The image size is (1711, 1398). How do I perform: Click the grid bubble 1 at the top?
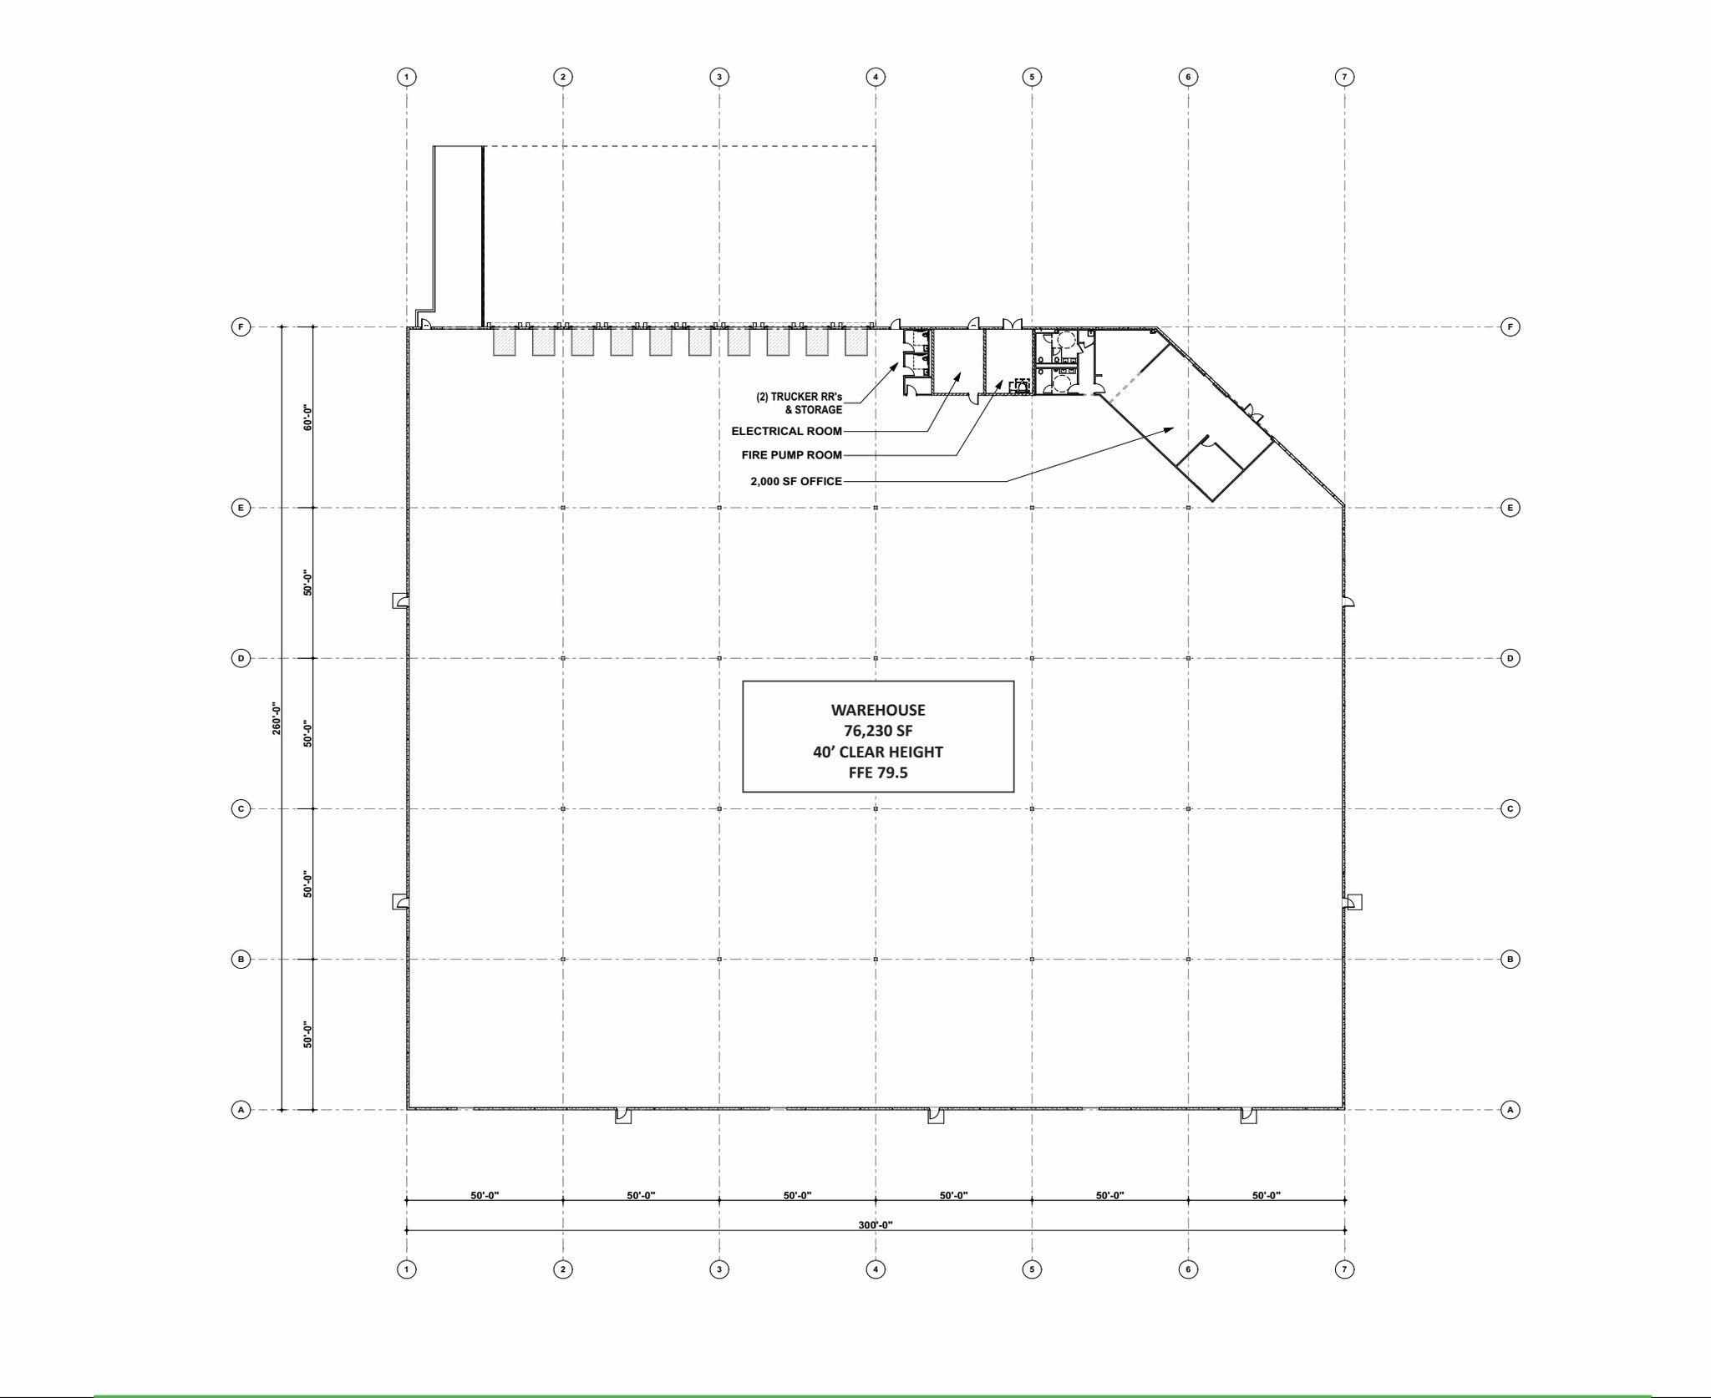coord(407,77)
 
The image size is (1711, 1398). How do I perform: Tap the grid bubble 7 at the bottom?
coord(1344,1269)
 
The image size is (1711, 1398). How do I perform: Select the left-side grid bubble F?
coord(241,327)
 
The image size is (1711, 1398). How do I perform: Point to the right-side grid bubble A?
coord(1510,1110)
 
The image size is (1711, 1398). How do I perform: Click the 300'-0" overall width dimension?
coord(876,1225)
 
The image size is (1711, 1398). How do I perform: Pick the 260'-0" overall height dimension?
coord(277,719)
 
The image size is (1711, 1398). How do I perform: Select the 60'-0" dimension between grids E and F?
coord(307,418)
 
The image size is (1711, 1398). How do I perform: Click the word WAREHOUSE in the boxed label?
coord(878,710)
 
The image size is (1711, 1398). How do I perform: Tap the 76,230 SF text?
coord(878,731)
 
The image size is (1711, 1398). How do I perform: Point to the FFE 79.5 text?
coord(878,772)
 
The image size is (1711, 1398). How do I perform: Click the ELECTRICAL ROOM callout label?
coord(786,431)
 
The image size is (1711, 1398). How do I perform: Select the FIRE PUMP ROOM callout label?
coord(791,455)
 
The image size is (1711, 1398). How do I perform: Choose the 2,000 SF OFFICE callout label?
coord(795,481)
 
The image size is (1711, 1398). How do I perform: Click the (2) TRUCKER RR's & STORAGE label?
coord(800,403)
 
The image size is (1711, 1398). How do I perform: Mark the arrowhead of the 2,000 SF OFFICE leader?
coord(1171,428)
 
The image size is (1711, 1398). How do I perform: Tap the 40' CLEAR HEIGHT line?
coord(878,752)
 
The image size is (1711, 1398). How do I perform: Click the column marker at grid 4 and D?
coord(876,658)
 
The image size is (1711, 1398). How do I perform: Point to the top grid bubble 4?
coord(876,77)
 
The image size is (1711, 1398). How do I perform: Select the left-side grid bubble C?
coord(241,808)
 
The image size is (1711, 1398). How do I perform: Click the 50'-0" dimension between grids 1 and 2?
coord(485,1195)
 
